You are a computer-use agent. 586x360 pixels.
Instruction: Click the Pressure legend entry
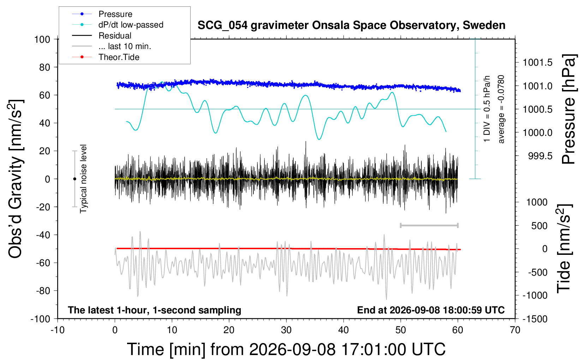[102, 14]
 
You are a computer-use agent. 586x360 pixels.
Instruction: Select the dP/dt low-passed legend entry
[118, 25]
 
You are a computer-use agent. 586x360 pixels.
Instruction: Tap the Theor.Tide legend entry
[106, 57]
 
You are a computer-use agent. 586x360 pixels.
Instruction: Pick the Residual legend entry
[102, 36]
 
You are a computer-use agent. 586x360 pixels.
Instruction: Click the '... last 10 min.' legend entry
[112, 46]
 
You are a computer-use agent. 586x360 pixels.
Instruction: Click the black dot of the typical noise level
[74, 179]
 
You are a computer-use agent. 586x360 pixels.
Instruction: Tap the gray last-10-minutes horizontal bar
[429, 226]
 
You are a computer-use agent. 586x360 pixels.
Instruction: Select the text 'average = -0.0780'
[501, 109]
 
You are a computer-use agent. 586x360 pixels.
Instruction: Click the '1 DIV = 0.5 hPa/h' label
[486, 109]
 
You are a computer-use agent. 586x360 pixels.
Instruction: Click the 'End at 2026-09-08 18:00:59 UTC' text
[431, 310]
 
